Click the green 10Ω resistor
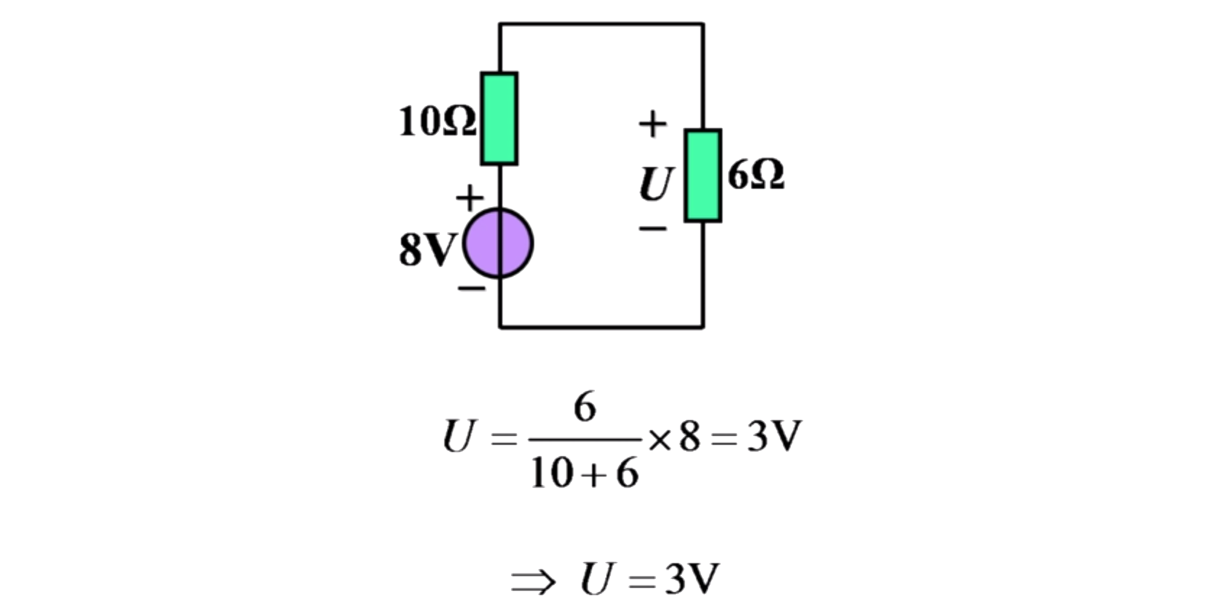(x=499, y=119)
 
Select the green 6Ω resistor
(x=702, y=176)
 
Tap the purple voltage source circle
(x=498, y=244)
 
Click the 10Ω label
(x=437, y=121)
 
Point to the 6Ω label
(x=756, y=175)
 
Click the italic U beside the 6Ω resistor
(x=656, y=184)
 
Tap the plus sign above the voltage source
(x=469, y=197)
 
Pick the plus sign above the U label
(x=652, y=124)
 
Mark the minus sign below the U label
(x=652, y=229)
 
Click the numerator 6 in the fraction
(x=585, y=407)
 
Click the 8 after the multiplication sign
(x=690, y=437)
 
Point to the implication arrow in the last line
(x=533, y=581)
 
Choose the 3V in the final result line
(x=692, y=579)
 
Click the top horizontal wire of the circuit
(x=601, y=24)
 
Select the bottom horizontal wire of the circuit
(x=601, y=327)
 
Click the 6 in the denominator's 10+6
(x=627, y=474)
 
